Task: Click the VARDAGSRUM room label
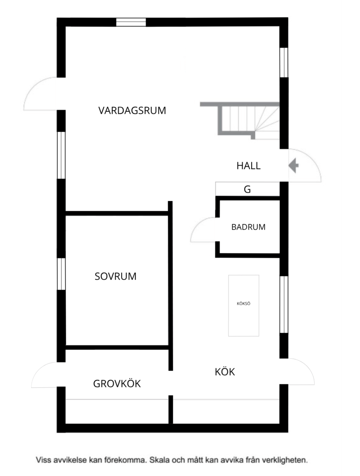(132, 110)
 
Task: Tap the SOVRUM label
(115, 276)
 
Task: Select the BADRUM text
(248, 227)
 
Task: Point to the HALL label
(249, 166)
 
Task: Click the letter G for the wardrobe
(247, 190)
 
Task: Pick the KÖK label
(225, 372)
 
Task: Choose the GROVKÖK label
(117, 383)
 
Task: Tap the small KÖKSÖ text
(243, 304)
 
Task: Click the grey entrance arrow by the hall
(293, 166)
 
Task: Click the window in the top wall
(131, 22)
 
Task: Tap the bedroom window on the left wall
(61, 274)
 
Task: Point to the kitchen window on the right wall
(284, 305)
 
